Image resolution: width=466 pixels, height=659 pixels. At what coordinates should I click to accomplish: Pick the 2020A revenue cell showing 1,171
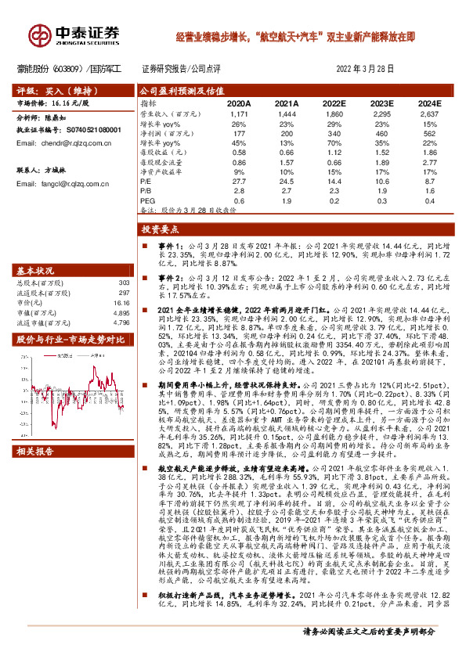coord(239,114)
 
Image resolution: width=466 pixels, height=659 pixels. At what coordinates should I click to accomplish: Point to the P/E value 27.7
coord(239,180)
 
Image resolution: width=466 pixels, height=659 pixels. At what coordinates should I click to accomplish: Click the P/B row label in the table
coord(146,191)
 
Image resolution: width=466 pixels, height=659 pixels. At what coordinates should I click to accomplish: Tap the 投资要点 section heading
coord(160,230)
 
